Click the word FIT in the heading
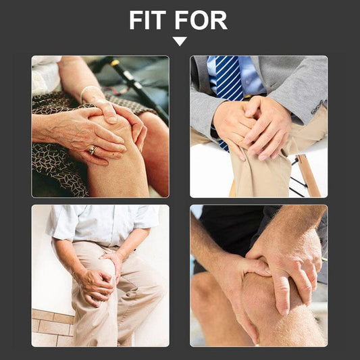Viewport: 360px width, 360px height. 147,20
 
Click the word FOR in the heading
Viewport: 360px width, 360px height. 201,20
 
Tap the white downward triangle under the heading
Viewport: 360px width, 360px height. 180,41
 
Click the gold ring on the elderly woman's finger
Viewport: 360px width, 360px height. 93,150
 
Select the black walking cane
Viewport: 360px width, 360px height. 138,87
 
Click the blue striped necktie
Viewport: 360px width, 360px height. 228,87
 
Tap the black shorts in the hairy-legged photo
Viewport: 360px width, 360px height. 232,232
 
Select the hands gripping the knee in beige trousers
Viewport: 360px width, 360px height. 99,278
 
